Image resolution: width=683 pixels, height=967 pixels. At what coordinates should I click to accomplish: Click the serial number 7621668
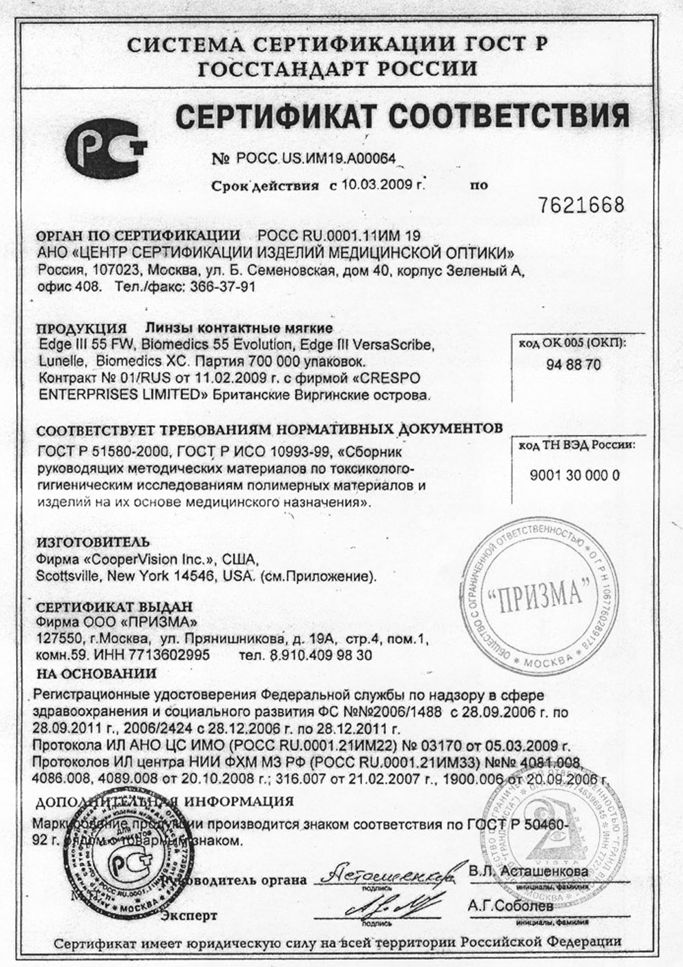point(581,204)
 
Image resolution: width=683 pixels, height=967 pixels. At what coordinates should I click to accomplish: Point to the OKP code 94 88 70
point(574,364)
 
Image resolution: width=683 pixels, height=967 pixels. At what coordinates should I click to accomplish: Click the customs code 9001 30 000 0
point(574,476)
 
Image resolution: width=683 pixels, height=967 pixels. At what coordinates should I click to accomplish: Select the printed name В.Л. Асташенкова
point(528,871)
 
